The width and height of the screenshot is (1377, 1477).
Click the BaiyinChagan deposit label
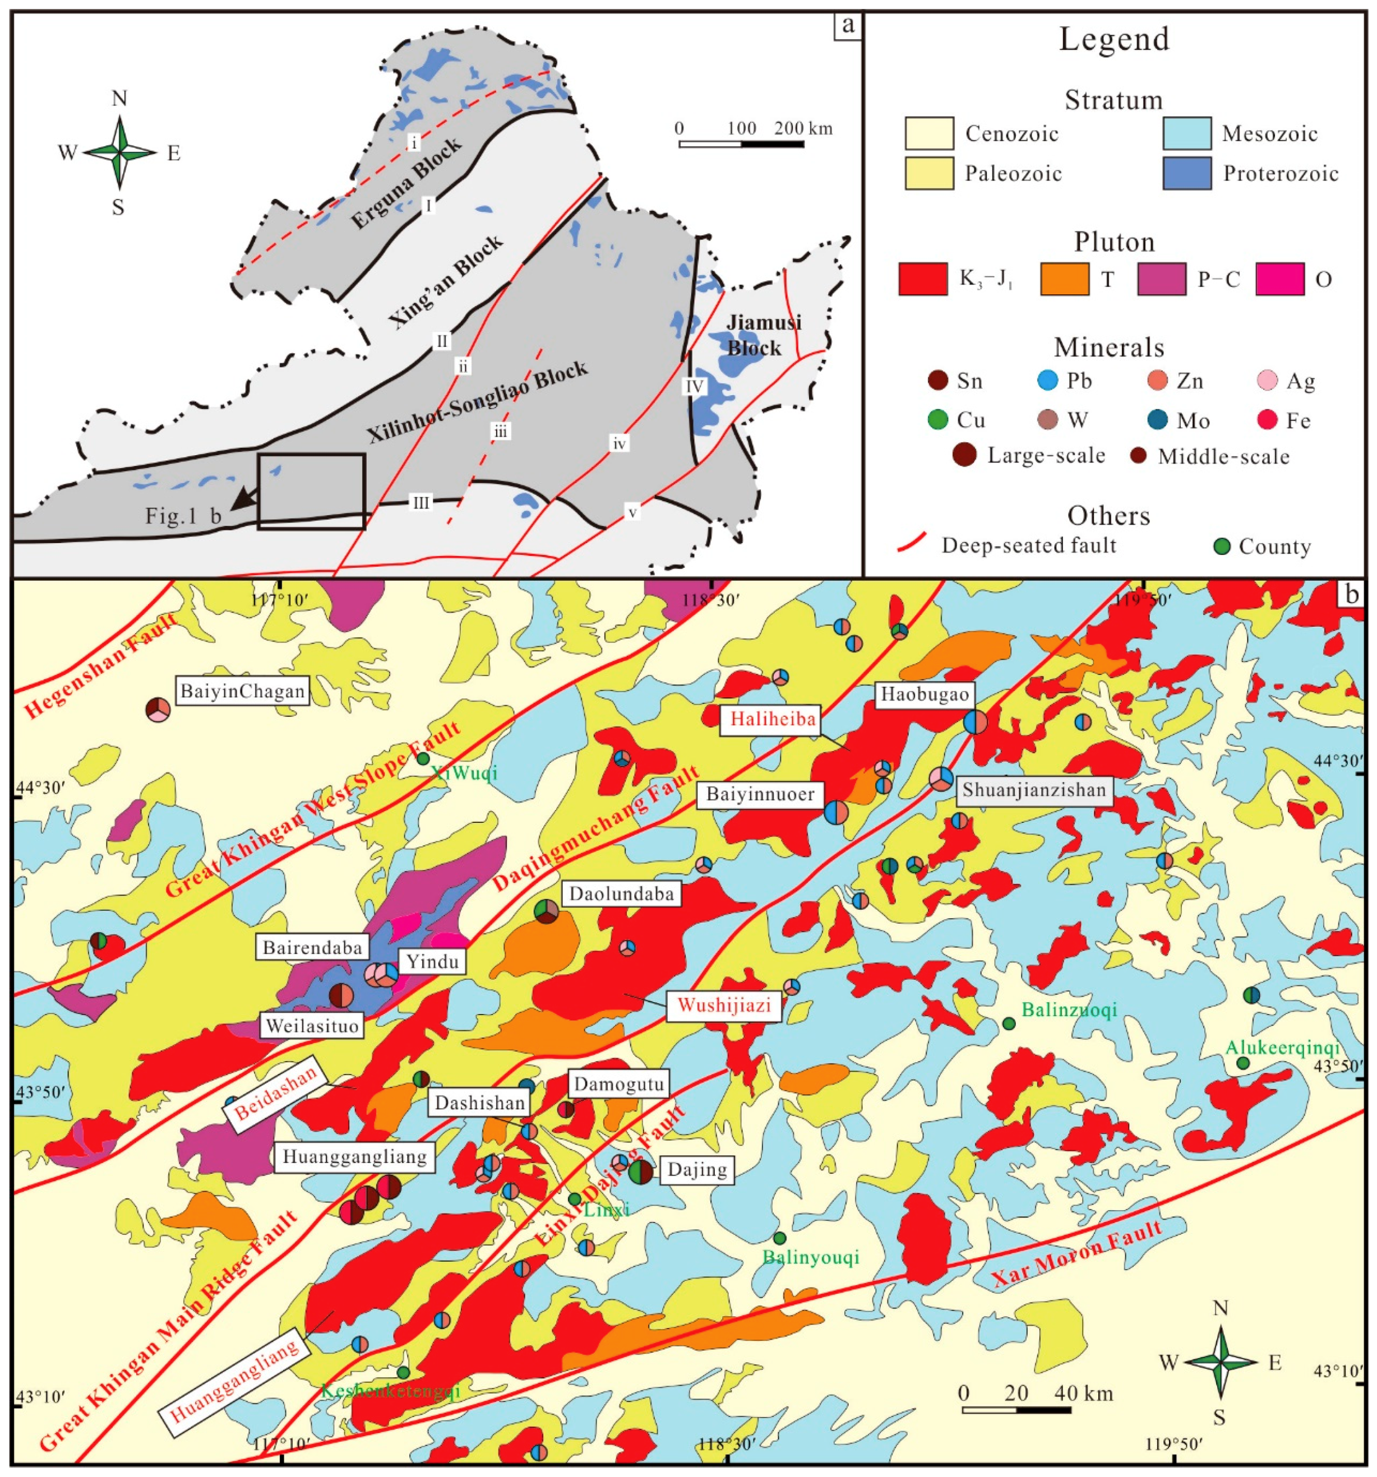[242, 692]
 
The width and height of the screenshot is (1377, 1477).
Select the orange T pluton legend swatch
[1065, 279]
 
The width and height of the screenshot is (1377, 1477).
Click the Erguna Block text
[406, 183]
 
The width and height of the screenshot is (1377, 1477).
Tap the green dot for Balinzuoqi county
[1009, 1024]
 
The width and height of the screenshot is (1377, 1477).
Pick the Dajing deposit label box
[696, 1170]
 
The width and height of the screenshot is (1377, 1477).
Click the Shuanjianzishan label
[1034, 790]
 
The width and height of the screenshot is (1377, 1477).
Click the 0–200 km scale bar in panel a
[741, 143]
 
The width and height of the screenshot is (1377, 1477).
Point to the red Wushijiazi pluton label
[724, 1007]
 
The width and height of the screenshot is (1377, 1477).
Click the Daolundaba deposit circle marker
[546, 911]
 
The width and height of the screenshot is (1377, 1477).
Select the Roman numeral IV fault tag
[694, 386]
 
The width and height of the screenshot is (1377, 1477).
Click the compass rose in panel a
[119, 152]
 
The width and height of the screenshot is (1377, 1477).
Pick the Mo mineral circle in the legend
[1157, 420]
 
